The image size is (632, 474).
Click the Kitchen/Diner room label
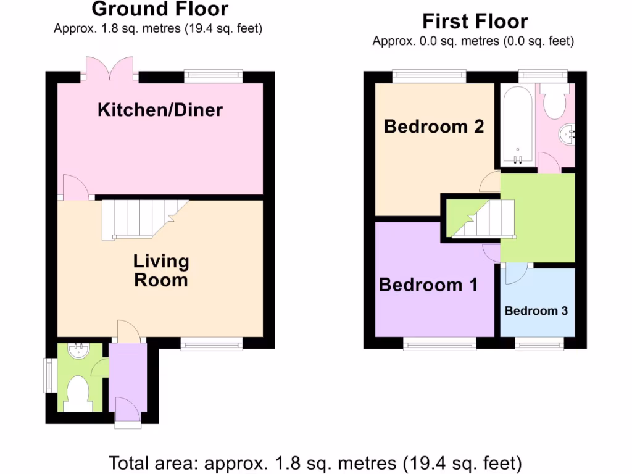160,110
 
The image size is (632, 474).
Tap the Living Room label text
160,270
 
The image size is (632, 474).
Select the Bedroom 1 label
428,285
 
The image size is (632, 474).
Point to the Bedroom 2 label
434,127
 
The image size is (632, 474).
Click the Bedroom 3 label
536,310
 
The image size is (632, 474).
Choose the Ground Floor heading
160,9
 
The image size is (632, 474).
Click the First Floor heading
475,22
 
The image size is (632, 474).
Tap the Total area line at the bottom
315,462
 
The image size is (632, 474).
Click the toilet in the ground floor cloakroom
78,392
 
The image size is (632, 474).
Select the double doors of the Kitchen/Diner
109,69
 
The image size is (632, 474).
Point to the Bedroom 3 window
539,344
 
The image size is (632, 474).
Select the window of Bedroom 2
430,77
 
